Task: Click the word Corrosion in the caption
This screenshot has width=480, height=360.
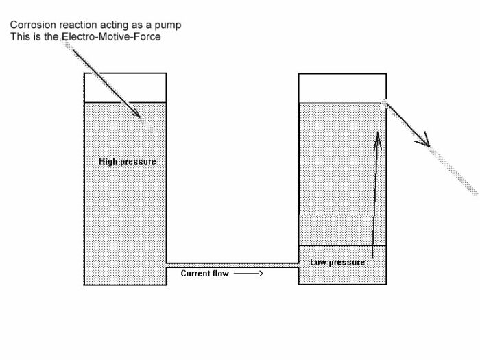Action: [x=32, y=25]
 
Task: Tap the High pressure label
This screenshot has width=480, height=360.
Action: [x=127, y=162]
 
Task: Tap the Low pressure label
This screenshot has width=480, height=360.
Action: [x=337, y=262]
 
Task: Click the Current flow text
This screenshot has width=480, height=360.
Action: [x=203, y=273]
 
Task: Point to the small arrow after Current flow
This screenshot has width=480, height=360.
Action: [x=248, y=273]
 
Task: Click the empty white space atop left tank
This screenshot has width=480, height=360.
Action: [x=125, y=87]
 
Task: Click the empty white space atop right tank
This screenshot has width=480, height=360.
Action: [x=342, y=88]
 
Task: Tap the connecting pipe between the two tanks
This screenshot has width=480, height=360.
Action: [x=232, y=264]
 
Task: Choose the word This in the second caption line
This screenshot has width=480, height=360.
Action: [x=20, y=36]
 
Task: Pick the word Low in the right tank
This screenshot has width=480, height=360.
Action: [x=318, y=262]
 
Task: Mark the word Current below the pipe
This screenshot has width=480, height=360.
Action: [x=194, y=273]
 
